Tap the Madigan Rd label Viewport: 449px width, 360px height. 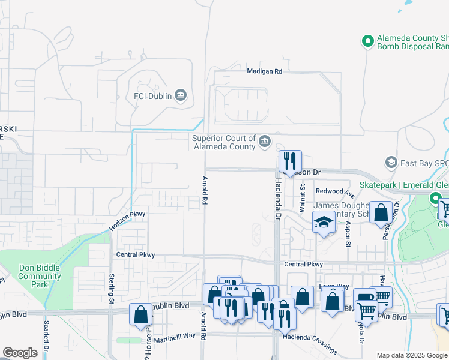coord(265,71)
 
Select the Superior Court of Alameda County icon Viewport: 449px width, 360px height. coord(265,142)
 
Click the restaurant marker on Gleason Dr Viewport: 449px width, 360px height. coord(290,161)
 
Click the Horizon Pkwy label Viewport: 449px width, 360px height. coord(127,221)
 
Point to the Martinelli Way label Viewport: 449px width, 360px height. coord(175,335)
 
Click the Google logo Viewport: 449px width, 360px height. coord(20,353)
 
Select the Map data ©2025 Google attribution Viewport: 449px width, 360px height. coord(411,355)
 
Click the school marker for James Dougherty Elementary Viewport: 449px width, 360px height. coord(324,222)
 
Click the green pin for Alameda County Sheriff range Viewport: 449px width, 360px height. coord(368,41)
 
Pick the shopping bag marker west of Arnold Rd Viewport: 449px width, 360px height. coord(140,314)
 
